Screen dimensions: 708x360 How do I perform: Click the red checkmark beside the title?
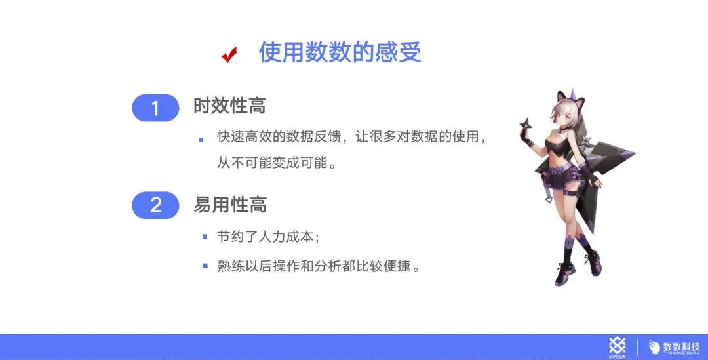[229, 54]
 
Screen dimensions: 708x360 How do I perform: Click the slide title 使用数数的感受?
[340, 52]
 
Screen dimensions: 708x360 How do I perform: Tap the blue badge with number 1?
[155, 108]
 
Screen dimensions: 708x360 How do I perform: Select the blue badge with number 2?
[155, 205]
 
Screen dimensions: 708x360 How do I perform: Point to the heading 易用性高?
[230, 205]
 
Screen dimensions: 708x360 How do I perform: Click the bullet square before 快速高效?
[201, 140]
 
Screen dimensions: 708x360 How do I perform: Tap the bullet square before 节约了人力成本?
[205, 237]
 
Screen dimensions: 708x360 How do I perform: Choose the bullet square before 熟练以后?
[205, 266]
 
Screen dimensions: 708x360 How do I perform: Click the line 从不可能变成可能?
[277, 163]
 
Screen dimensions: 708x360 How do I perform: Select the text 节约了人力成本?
[265, 237]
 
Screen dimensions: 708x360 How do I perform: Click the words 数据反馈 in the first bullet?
[313, 136]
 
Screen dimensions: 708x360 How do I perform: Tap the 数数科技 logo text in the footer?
[681, 347]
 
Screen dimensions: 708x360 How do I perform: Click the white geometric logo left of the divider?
[618, 346]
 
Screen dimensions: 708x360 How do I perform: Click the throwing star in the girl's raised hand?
[526, 124]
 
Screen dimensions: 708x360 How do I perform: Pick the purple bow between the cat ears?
[574, 95]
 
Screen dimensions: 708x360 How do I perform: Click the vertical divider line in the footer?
[637, 347]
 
